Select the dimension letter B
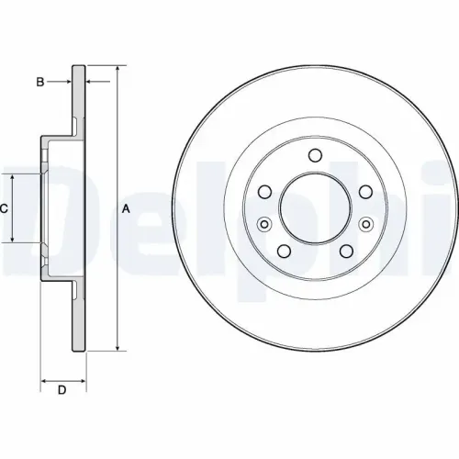[39, 83]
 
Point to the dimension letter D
[62, 392]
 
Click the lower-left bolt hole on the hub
[285, 252]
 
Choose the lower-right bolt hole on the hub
[347, 252]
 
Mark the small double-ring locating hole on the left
[265, 223]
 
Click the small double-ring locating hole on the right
[366, 223]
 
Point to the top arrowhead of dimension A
[117, 70]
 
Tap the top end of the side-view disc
[78, 67]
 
